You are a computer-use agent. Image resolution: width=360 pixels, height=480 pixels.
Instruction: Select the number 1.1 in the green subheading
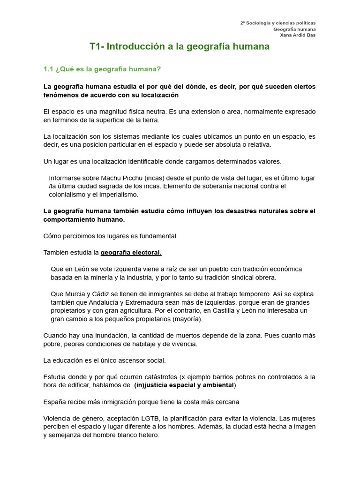[x=48, y=69]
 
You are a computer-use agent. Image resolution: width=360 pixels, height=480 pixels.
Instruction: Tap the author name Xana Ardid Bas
[x=298, y=35]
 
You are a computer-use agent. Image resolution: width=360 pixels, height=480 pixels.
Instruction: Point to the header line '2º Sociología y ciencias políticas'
[x=277, y=22]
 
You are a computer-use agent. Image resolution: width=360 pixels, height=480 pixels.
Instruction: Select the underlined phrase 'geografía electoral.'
[x=131, y=252]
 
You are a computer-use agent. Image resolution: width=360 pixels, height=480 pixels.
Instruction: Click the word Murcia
[x=74, y=294]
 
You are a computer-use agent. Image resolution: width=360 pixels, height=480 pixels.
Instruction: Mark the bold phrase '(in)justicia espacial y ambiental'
[x=184, y=385]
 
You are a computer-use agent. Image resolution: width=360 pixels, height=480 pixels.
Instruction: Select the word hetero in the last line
[x=149, y=435]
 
